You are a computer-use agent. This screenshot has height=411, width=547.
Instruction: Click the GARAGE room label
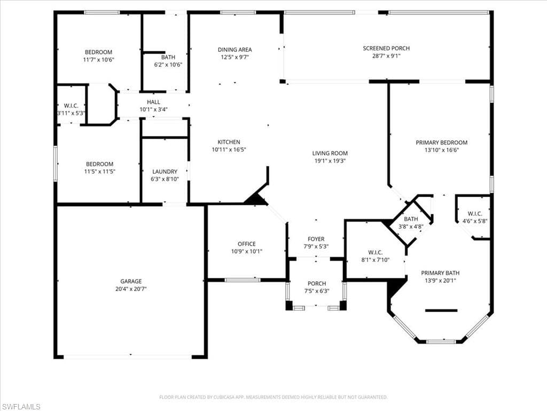click(131, 281)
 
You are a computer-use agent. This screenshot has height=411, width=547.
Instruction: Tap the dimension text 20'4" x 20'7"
click(131, 289)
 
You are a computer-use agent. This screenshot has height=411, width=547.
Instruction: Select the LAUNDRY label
click(165, 172)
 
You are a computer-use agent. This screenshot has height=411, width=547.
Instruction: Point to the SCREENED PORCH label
click(386, 48)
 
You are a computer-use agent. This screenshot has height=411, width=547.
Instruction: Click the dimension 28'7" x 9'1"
click(386, 56)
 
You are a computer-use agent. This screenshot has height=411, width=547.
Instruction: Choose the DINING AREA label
click(235, 50)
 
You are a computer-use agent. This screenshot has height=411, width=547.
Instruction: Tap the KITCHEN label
click(229, 142)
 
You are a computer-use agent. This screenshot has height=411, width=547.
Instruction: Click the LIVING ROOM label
click(330, 153)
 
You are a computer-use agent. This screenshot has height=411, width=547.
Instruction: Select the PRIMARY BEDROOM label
click(442, 142)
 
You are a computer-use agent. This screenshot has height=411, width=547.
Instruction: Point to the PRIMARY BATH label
click(440, 273)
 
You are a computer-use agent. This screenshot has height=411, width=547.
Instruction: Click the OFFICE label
click(247, 244)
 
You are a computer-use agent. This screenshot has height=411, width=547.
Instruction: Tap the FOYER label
click(316, 239)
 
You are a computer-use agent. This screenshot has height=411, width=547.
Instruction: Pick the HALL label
click(153, 102)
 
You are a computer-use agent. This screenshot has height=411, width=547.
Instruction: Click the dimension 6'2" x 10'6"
click(168, 65)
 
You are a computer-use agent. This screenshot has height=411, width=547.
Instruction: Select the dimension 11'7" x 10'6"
click(99, 60)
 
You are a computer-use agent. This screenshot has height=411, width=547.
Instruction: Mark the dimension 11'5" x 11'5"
click(100, 172)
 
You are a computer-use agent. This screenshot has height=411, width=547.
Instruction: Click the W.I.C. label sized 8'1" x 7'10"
click(376, 253)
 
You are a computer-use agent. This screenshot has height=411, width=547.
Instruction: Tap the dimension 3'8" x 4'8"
click(411, 226)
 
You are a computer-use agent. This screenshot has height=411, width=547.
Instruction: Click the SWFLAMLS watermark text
click(20, 407)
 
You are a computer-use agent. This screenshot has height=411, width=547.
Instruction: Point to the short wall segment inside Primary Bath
click(441, 310)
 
